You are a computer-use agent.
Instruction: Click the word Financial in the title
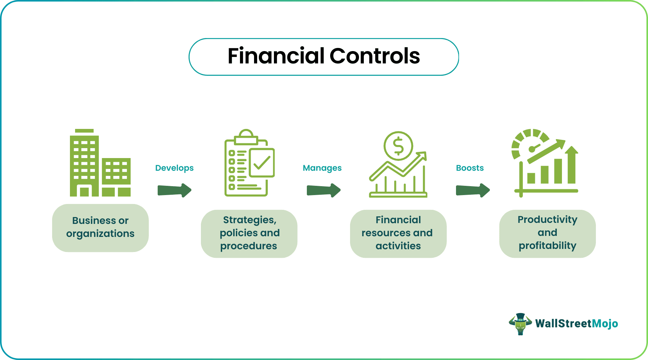pos(276,56)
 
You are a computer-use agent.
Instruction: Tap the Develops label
pos(174,168)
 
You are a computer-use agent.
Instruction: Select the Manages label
pos(322,168)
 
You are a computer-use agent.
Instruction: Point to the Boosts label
pos(470,168)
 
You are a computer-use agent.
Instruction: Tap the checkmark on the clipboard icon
pos(262,163)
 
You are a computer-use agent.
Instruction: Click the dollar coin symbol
pos(398,146)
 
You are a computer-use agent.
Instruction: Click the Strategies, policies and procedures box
pos(249,233)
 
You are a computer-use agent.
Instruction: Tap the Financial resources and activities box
pos(398,233)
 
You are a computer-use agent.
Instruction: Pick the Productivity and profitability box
pos(547,233)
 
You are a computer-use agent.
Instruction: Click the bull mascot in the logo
pos(520,324)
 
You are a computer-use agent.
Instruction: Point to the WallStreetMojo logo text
pos(576,324)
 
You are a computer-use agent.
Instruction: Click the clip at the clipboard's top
pos(246,136)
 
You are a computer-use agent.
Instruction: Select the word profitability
pos(547,246)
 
